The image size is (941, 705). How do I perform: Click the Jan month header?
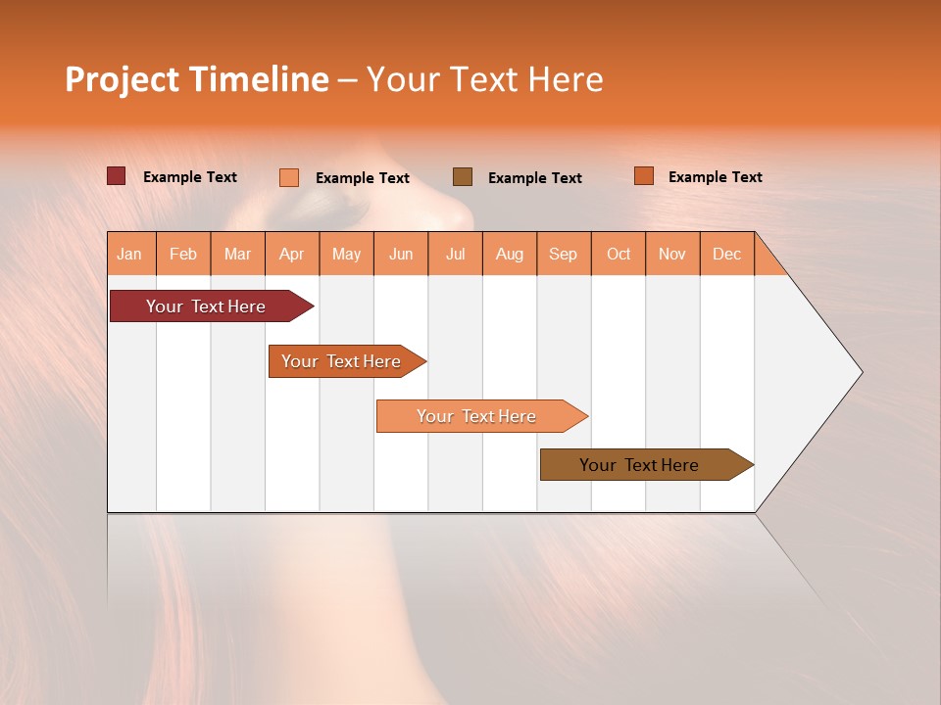coord(130,254)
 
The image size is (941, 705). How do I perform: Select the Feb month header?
coord(183,254)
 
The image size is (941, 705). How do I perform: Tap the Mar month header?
coord(237,254)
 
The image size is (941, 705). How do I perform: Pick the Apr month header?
coord(292,254)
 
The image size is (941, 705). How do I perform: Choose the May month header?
coord(346,254)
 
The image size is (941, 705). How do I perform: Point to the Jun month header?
coord(401,254)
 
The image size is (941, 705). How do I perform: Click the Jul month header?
coord(455,254)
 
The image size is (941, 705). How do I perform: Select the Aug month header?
coord(510,254)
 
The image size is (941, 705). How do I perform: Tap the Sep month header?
coord(564,254)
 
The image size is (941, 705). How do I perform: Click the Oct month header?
coord(619,254)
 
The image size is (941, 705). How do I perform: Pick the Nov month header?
coord(672,254)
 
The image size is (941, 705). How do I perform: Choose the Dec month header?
coord(727,254)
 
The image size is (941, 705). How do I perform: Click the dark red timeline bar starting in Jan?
coord(207,306)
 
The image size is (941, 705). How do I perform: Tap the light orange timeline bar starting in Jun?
coord(477,416)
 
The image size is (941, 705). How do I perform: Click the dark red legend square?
coord(117,176)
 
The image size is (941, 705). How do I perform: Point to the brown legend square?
coord(463,176)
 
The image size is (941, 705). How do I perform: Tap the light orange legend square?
coord(289,177)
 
